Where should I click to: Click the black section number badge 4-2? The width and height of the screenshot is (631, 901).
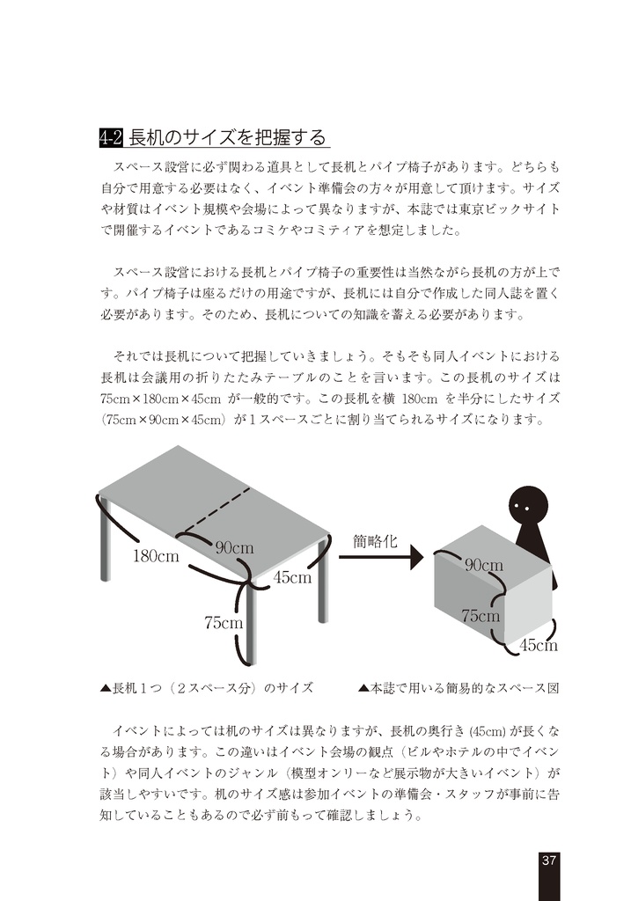112,137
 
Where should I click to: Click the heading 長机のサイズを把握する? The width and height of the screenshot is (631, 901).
227,137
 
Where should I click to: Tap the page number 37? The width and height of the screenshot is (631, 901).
548,860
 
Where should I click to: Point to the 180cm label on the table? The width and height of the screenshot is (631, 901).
156,556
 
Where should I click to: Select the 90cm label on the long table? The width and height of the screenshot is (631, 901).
235,547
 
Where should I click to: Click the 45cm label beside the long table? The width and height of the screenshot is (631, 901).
293,578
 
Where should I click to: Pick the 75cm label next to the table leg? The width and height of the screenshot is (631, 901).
224,623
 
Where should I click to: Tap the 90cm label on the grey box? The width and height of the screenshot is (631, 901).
484,565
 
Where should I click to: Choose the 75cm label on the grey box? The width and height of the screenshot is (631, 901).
481,616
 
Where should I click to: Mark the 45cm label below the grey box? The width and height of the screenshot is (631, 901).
539,646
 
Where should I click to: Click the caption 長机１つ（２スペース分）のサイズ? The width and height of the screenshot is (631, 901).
208,688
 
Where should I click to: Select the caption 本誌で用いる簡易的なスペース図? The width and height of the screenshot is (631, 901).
459,688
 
